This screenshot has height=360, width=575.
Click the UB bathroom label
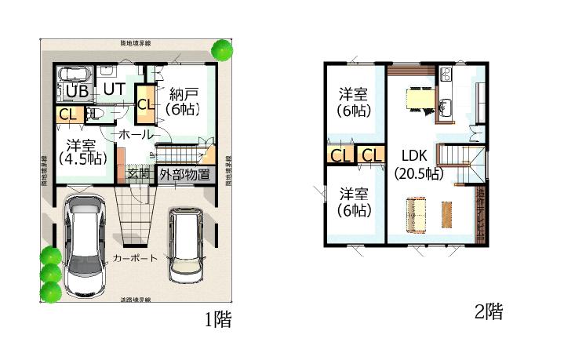[76, 91]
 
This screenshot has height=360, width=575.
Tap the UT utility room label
[114, 88]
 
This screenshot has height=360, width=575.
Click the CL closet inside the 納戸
[145, 104]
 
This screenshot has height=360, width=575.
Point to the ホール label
[135, 135]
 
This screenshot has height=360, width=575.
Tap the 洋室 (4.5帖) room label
[81, 151]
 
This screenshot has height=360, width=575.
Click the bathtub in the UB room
[76, 75]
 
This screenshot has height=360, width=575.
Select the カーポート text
[135, 258]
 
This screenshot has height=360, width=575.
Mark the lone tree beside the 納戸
[222, 49]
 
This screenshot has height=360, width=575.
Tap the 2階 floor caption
[487, 311]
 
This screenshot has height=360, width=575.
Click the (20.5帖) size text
[418, 174]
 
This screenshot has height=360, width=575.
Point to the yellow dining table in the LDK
[416, 98]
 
